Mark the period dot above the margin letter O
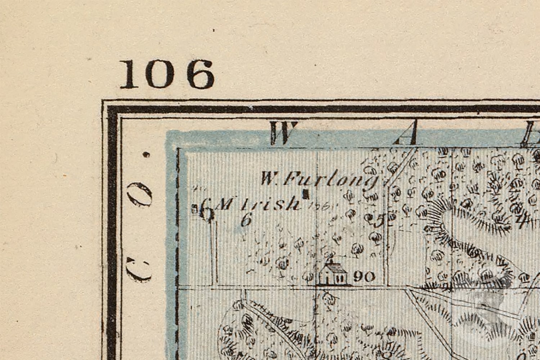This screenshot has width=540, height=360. (x=146, y=155)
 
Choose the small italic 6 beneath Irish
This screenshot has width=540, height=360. (x=246, y=219)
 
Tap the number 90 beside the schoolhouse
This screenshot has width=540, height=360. (x=364, y=276)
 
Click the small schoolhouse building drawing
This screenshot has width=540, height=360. (x=333, y=274)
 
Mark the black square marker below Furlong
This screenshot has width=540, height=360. (x=306, y=194)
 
